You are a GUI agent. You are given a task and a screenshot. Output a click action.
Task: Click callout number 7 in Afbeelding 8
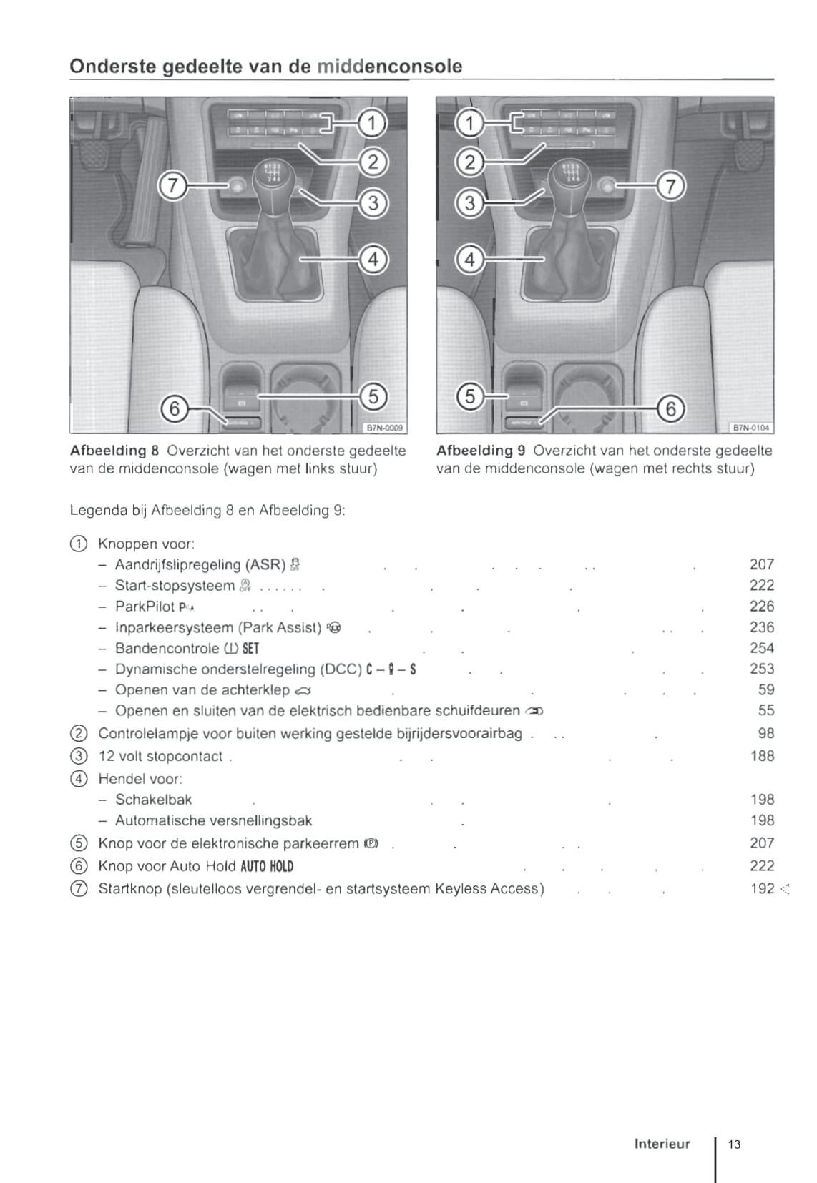(172, 186)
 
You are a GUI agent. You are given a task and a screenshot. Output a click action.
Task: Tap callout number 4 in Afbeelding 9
(469, 259)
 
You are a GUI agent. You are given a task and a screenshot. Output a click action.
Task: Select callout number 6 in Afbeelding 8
(173, 409)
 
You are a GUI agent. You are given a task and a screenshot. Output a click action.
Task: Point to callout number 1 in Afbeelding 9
(469, 124)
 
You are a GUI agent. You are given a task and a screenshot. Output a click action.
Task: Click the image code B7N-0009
(385, 428)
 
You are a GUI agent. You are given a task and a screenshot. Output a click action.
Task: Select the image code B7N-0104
(751, 428)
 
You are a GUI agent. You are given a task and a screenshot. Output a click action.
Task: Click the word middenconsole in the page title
(389, 67)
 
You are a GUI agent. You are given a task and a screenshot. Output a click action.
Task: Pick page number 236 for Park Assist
(762, 627)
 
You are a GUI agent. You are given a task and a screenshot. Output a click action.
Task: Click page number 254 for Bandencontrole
(762, 648)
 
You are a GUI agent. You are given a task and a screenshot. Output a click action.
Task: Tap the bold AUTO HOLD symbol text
(267, 866)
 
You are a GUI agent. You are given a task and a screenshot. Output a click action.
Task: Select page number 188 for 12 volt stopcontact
(762, 756)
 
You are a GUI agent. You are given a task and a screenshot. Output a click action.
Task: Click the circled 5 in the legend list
(79, 843)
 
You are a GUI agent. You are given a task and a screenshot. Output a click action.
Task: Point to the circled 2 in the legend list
(79, 734)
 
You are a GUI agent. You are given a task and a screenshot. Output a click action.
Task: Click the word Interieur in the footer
(662, 1144)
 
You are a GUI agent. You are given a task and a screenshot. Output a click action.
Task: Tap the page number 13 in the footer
(735, 1144)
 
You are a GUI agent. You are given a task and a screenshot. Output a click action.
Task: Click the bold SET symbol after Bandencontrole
(250, 649)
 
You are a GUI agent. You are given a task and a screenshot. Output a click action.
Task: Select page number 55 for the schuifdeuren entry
(765, 711)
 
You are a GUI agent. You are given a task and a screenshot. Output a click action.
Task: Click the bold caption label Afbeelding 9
(481, 451)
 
